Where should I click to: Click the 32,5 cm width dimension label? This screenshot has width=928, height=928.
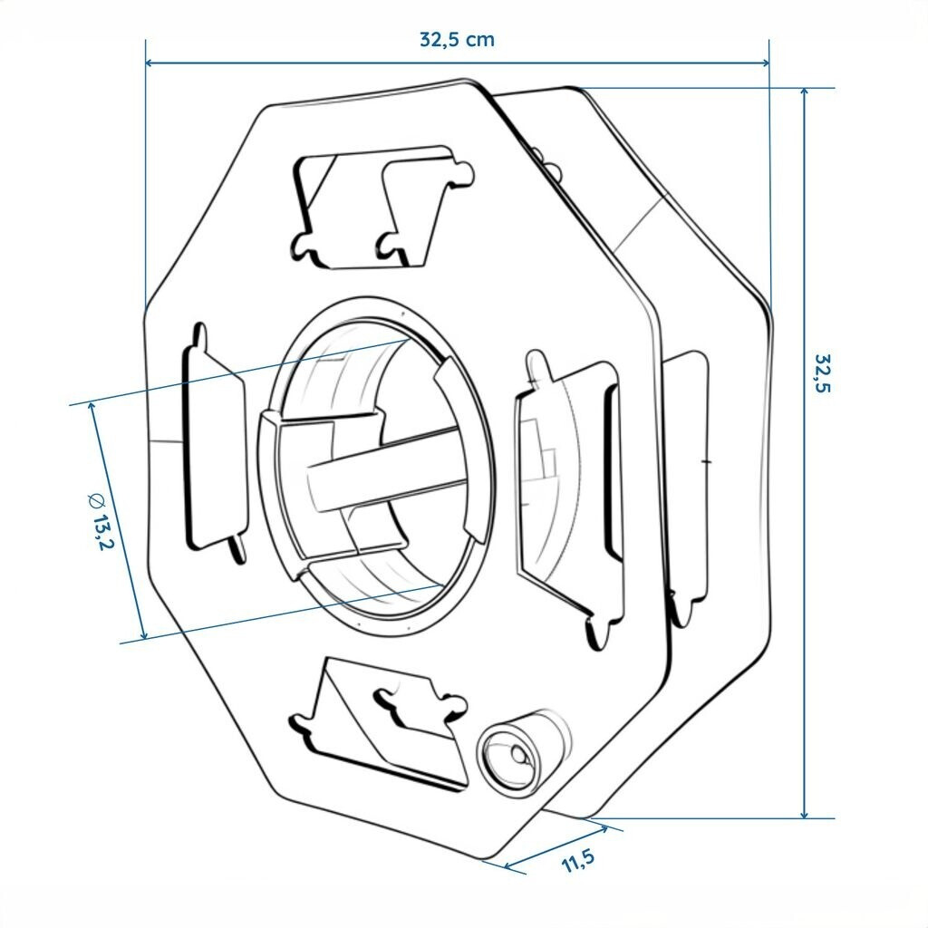pyautogui.click(x=457, y=40)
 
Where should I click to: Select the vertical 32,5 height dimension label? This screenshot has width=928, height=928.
pyautogui.click(x=823, y=372)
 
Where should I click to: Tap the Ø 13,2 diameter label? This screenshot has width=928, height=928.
pyautogui.click(x=100, y=521)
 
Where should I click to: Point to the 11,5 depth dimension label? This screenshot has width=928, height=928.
pyautogui.click(x=577, y=860)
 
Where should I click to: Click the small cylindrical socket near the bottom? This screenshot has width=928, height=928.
pyautogui.click(x=524, y=751)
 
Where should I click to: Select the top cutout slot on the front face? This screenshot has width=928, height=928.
pyautogui.click(x=382, y=208)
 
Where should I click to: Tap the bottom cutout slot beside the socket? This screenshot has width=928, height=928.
pyautogui.click(x=379, y=723)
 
